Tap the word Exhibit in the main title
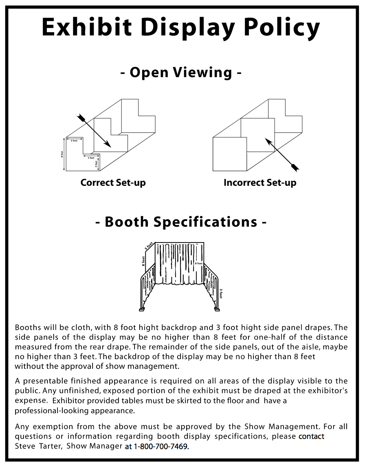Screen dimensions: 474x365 coord(87,27)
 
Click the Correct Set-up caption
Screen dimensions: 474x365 coord(113,183)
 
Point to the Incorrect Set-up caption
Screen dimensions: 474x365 coord(260,183)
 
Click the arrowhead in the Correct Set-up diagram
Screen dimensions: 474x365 coord(108,143)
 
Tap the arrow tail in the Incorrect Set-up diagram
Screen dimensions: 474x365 coord(295,167)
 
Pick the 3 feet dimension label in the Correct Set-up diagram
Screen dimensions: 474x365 coord(96,164)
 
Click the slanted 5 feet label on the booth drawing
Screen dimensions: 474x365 coord(149,246)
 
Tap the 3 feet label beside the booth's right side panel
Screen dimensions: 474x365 coord(221,294)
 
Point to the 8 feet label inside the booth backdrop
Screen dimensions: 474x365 coord(198,264)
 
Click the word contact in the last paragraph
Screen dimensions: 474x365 coord(311,437)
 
